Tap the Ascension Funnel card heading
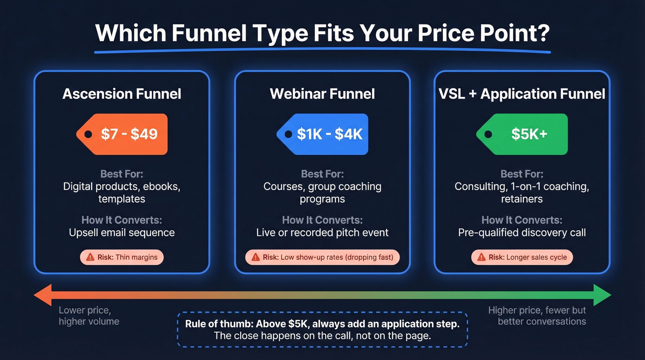click(122, 94)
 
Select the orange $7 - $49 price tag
click(122, 134)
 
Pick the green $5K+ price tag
click(522, 134)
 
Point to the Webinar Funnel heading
click(322, 94)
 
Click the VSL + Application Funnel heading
click(522, 94)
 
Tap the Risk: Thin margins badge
click(122, 257)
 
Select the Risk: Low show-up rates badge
click(322, 257)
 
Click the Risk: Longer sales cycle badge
click(522, 257)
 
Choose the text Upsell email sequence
click(122, 233)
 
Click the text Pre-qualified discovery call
click(522, 233)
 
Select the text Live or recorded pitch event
click(322, 233)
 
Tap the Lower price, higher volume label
click(88, 316)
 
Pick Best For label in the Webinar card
click(322, 174)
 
